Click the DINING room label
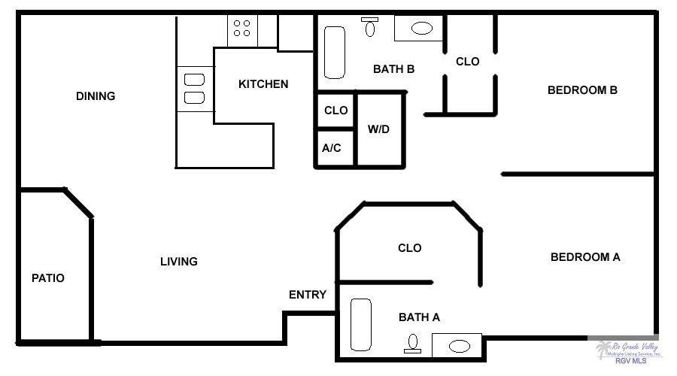point(96,96)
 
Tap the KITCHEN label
point(263,83)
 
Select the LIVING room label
point(179,261)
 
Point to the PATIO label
point(48,278)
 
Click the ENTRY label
point(308,295)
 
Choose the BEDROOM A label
point(585,257)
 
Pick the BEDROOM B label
point(582,90)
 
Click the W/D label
point(378,129)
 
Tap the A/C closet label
point(332,148)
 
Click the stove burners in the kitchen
point(241,28)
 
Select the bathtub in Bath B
point(335,53)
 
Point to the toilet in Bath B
point(369,27)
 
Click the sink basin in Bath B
point(422,29)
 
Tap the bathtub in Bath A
point(361,325)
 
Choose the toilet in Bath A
point(413,344)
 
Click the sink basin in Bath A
point(460,346)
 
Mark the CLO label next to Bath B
point(468,62)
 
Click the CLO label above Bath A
point(410,248)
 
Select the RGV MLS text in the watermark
point(631,361)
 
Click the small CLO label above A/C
point(336,111)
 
